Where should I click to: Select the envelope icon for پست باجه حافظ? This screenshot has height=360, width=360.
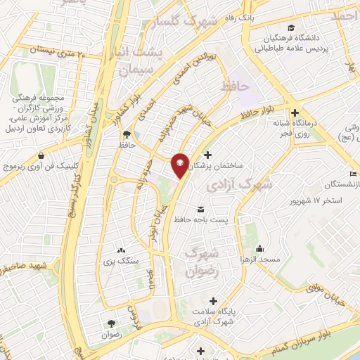[x=202, y=210]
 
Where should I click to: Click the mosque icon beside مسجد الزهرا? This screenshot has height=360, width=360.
[x=259, y=248]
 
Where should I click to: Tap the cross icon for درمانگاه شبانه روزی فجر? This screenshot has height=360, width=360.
[x=295, y=112]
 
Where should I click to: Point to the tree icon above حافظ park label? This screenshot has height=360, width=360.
[x=127, y=133]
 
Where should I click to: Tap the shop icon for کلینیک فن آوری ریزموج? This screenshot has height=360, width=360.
[x=42, y=155]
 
